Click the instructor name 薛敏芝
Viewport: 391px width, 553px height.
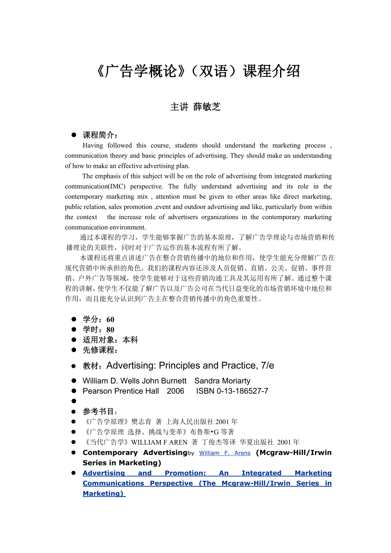click(x=207, y=107)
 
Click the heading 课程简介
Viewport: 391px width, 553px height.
click(x=99, y=135)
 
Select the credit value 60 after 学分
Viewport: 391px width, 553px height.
click(x=110, y=319)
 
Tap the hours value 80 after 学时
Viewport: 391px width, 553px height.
click(x=110, y=330)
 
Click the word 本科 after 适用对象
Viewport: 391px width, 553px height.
click(x=130, y=340)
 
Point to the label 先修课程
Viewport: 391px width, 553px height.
click(x=99, y=350)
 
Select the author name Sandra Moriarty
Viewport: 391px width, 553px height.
click(x=222, y=381)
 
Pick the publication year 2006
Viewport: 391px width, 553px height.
click(x=176, y=391)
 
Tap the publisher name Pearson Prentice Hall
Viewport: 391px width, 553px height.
click(x=121, y=391)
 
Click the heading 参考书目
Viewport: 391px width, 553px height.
click(x=99, y=412)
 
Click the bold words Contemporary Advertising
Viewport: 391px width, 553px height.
click(x=135, y=453)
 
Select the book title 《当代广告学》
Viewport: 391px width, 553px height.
click(x=106, y=442)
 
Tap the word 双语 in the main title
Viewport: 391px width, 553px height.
click(x=214, y=71)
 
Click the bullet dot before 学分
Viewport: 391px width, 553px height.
click(x=74, y=319)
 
